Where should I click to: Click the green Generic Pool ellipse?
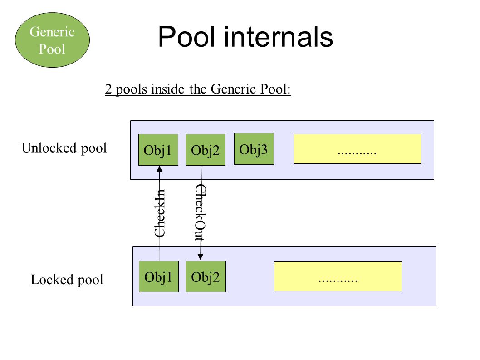click(x=52, y=40)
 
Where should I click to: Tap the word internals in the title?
click(x=279, y=37)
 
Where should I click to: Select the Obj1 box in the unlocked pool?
click(x=158, y=150)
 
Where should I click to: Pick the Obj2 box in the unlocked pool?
click(x=206, y=150)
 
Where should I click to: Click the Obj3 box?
click(x=254, y=149)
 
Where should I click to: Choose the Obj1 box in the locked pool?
click(x=159, y=276)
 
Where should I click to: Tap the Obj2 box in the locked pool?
click(x=206, y=276)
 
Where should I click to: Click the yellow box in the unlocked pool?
click(x=357, y=149)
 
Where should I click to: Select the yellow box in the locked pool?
click(x=338, y=276)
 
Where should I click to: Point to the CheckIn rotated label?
click(x=160, y=213)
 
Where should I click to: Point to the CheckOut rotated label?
click(x=201, y=212)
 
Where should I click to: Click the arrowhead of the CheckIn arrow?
click(x=159, y=168)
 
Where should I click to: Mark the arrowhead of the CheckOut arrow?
click(x=200, y=257)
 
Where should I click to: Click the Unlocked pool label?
click(x=64, y=148)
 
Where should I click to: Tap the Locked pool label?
click(x=67, y=280)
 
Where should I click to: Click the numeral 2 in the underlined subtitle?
click(x=108, y=89)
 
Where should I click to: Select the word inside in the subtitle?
click(x=168, y=89)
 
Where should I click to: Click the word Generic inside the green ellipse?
click(x=52, y=32)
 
